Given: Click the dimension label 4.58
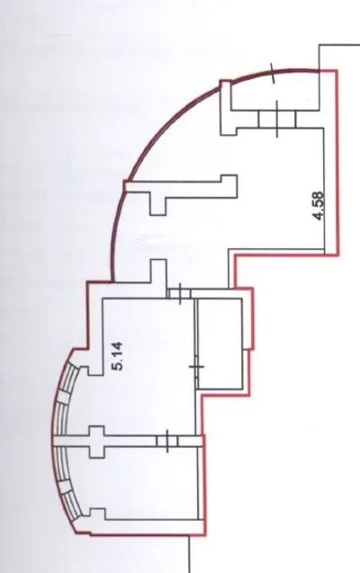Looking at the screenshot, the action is [319, 206].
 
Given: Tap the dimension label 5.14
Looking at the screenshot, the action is [118, 356].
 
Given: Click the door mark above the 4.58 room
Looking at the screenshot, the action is [277, 119].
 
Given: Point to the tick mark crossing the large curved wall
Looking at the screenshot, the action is [273, 72].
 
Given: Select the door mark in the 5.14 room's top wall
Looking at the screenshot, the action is [180, 293].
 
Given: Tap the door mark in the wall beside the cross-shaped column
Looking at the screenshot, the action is [167, 441].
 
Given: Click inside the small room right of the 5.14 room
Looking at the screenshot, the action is [220, 344].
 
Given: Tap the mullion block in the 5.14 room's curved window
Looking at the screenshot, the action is [63, 398].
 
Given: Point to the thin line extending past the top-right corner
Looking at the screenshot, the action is [339, 45].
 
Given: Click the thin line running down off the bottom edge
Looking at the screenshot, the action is [189, 554].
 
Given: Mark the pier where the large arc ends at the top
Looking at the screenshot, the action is [226, 108].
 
